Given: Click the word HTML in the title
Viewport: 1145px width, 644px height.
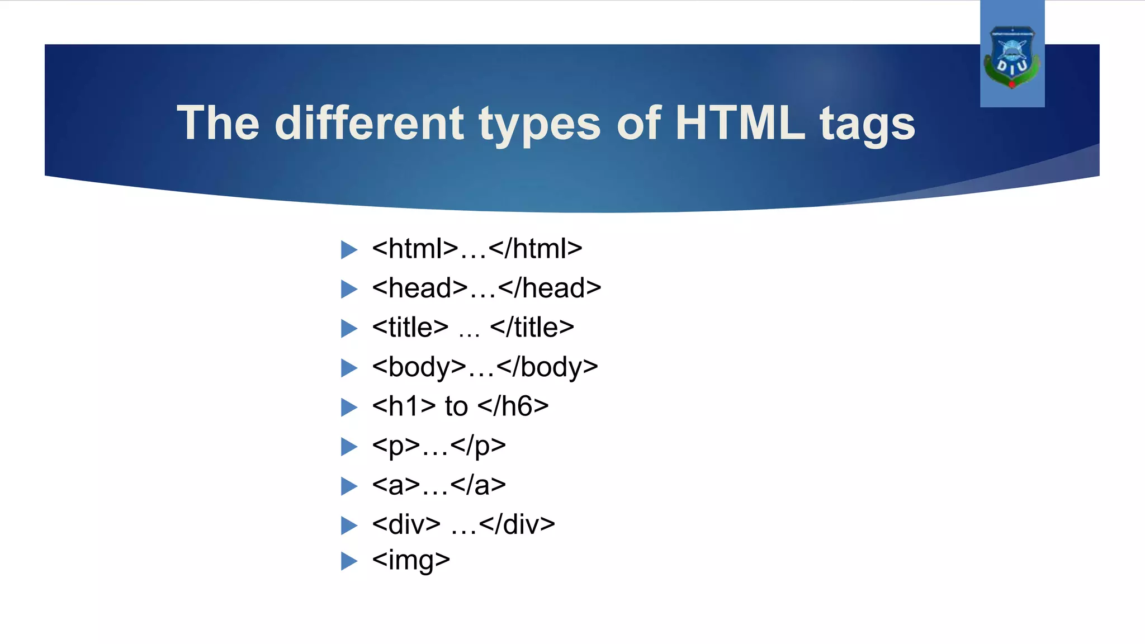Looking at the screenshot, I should [x=740, y=123].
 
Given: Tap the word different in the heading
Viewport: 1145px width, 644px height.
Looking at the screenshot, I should [x=369, y=123].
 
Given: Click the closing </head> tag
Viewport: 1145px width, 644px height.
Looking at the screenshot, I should [x=550, y=288].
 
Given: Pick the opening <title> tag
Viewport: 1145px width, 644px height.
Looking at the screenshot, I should [x=410, y=328].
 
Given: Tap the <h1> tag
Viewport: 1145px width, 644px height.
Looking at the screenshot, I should [x=404, y=406].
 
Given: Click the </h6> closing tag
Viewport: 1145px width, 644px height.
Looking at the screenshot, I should [x=513, y=406].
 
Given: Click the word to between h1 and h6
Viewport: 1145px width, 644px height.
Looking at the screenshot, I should [x=456, y=407].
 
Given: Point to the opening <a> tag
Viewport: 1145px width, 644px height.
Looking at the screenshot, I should [x=396, y=485].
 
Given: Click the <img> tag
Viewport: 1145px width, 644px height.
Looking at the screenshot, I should [x=411, y=560].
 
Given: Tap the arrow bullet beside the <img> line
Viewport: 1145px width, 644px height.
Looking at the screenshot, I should [x=349, y=561].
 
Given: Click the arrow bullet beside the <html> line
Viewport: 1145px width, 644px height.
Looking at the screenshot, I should [x=349, y=249].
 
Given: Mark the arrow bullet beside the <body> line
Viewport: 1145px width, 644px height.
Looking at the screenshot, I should [x=349, y=368].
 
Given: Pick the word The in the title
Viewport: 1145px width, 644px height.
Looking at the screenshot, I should [x=218, y=123].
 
